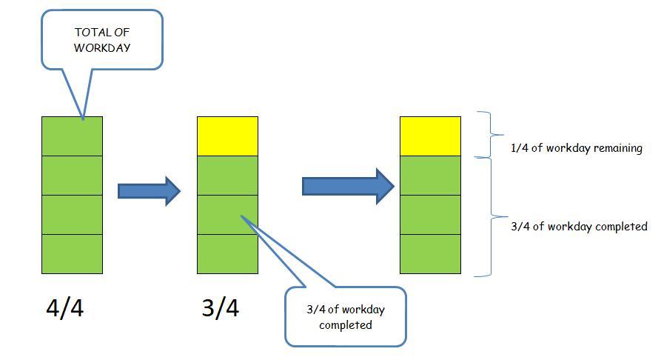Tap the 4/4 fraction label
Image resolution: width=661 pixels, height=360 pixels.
(x=64, y=308)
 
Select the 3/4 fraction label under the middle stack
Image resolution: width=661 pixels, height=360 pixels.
(x=220, y=308)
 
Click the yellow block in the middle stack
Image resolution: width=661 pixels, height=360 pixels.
(x=227, y=136)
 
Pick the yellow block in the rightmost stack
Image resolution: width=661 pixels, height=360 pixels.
(x=430, y=136)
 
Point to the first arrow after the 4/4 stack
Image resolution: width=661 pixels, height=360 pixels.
(x=149, y=191)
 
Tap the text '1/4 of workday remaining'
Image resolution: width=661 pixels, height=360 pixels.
(x=576, y=148)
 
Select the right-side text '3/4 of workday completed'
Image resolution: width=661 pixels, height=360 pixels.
(x=579, y=227)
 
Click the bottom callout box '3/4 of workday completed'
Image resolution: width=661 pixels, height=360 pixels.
(x=346, y=317)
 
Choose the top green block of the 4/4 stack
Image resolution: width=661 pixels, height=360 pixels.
(x=72, y=136)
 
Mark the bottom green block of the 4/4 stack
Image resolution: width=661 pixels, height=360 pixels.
(x=72, y=253)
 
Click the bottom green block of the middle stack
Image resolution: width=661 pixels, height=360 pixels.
(x=227, y=253)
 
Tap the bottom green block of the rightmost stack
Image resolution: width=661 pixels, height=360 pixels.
(x=430, y=253)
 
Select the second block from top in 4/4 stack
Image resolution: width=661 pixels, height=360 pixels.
(x=72, y=175)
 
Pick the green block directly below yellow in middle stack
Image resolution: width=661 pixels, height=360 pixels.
(x=227, y=175)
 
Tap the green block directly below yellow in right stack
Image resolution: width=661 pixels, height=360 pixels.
(x=430, y=175)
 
